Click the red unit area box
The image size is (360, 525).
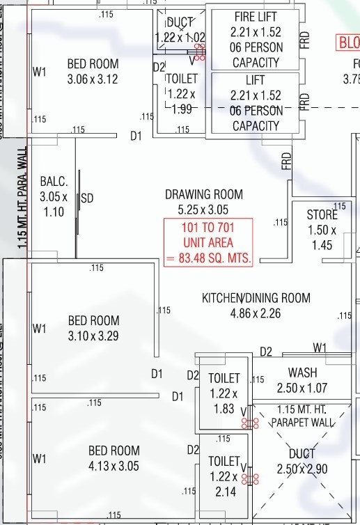click(208, 243)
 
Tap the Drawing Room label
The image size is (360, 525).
click(203, 194)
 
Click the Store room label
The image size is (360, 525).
click(322, 215)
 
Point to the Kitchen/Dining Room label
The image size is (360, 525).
click(256, 298)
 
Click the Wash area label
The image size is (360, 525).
click(302, 373)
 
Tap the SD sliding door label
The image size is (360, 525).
click(87, 198)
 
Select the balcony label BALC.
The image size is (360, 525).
click(54, 182)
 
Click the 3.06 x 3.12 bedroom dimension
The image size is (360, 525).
click(93, 79)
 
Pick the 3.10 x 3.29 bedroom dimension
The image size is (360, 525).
click(93, 336)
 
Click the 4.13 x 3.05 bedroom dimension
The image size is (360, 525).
click(114, 466)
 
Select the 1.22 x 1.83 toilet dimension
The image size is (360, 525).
click(224, 402)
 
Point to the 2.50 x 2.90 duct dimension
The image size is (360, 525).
click(302, 469)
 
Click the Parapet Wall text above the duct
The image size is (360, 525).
click(302, 422)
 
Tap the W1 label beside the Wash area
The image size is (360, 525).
click(320, 347)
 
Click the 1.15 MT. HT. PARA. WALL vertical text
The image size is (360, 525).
click(23, 198)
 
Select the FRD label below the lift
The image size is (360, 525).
click(286, 162)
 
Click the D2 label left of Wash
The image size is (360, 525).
click(266, 352)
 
